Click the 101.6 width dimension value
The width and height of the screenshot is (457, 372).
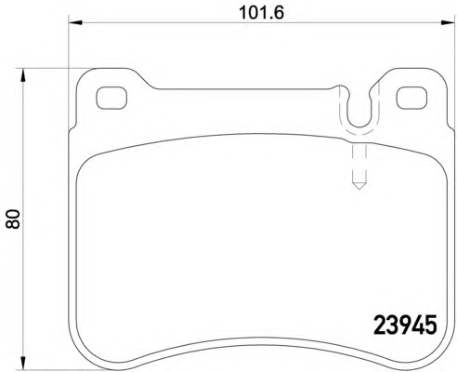pyautogui.click(x=262, y=13)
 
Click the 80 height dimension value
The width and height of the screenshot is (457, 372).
pyautogui.click(x=13, y=219)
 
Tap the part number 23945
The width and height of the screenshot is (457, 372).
pyautogui.click(x=405, y=325)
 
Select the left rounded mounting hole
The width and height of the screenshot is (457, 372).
pyautogui.click(x=111, y=98)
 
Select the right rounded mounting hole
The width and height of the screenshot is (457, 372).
pyautogui.click(x=412, y=98)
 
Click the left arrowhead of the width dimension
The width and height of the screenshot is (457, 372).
pyautogui.click(x=75, y=22)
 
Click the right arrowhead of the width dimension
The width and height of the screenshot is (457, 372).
pyautogui.click(x=447, y=22)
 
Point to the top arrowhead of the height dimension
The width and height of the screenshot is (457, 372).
pyautogui.click(x=22, y=75)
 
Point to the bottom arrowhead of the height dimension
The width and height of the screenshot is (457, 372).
pyautogui.click(x=22, y=363)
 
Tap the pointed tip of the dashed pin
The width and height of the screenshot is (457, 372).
pyautogui.click(x=359, y=189)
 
